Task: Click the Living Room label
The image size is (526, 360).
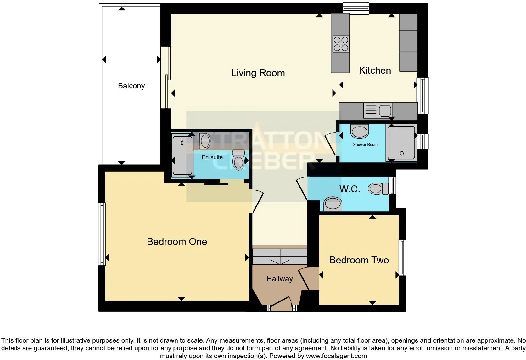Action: pos(258,73)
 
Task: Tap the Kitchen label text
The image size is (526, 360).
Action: pos(375,70)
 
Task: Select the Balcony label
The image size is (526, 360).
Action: pos(131,86)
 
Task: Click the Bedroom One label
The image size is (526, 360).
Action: pos(177,242)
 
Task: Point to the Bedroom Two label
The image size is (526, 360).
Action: pos(359,260)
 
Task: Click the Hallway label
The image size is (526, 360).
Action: pos(279,279)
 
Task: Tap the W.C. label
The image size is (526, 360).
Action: pos(350,189)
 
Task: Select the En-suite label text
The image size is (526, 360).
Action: pos(212,157)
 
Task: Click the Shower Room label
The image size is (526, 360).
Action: pos(365,145)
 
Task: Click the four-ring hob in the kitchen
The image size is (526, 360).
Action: pos(341,44)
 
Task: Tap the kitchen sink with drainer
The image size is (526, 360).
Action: pos(377,111)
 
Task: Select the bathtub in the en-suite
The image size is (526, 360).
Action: pos(182,155)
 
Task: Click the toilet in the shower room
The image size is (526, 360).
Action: pos(359,131)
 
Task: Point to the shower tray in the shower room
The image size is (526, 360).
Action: pos(401,143)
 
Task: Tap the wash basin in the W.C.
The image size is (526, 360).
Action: pos(333,204)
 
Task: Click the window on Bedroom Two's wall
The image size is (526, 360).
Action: pos(402,257)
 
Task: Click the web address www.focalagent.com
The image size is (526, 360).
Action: pos(336,356)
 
